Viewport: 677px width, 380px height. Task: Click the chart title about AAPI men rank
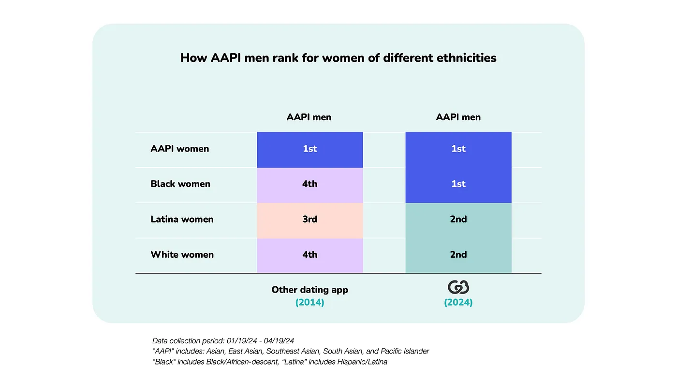(338, 58)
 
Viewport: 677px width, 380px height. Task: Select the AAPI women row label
(180, 149)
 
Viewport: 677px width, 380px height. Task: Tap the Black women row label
(180, 184)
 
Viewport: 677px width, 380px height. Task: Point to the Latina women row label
(182, 219)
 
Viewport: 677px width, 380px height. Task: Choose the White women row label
(182, 254)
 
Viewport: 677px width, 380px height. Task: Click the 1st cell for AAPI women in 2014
(310, 149)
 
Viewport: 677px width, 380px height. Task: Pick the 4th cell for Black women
(310, 184)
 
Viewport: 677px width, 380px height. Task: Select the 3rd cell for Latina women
(310, 220)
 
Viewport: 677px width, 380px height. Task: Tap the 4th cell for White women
(310, 255)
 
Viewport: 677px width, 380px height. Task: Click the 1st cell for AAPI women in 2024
(458, 149)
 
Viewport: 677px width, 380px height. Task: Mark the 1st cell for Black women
(458, 184)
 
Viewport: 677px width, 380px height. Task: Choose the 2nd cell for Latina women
(458, 220)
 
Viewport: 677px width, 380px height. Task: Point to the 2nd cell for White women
(458, 255)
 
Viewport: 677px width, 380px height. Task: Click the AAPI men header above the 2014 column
(309, 117)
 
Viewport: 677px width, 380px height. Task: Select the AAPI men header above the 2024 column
(458, 117)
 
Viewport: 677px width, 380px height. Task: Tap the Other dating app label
(309, 290)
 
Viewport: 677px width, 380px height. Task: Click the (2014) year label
(309, 303)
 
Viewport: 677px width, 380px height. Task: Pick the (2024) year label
(458, 303)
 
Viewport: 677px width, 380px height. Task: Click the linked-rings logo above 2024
(458, 288)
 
